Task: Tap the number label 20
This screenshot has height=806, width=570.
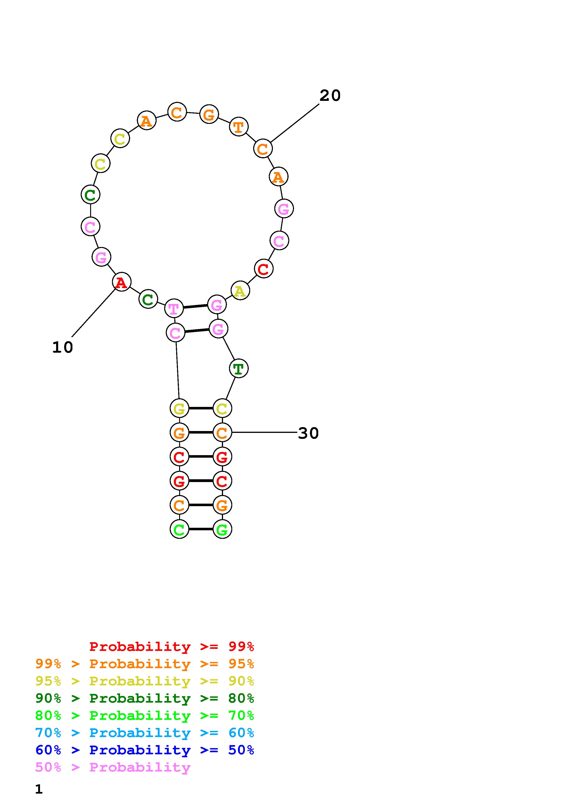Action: [x=330, y=96]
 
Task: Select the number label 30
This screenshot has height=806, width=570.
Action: [x=308, y=433]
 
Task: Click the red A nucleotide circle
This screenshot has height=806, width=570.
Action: [x=121, y=282]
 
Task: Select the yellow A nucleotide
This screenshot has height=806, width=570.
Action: [x=240, y=291]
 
